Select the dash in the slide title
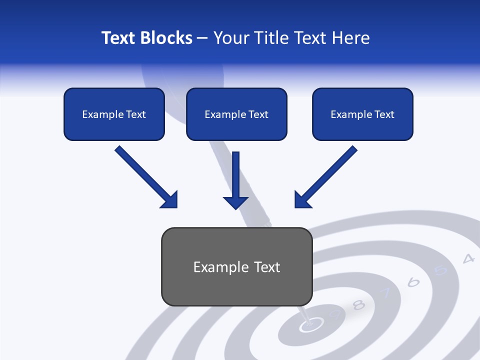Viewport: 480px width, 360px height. pyautogui.click(x=202, y=38)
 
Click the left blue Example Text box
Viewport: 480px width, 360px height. pyautogui.click(x=114, y=114)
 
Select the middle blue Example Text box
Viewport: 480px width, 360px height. pyautogui.click(x=236, y=114)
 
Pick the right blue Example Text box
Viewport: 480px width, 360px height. pyautogui.click(x=362, y=114)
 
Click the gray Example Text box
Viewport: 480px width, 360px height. pyautogui.click(x=236, y=267)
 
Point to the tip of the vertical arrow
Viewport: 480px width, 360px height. pyautogui.click(x=235, y=208)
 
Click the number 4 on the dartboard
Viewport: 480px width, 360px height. pyautogui.click(x=468, y=258)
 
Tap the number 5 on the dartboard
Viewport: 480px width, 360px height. pyautogui.click(x=440, y=270)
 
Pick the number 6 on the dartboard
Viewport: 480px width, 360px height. pyautogui.click(x=413, y=282)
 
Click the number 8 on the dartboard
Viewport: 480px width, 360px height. pyautogui.click(x=358, y=304)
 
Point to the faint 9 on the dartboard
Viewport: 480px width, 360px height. pyautogui.click(x=335, y=314)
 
